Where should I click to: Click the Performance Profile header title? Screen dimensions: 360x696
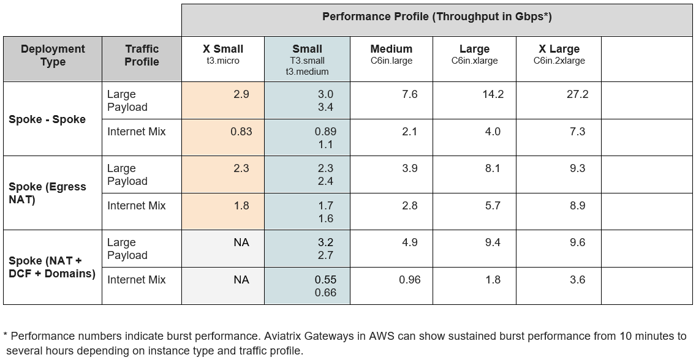pos(437,17)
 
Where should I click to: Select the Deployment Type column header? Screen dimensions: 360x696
pos(53,55)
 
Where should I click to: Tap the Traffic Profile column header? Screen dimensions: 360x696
pos(142,55)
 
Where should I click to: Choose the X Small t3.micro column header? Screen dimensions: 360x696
pos(223,54)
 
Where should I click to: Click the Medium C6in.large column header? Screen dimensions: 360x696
pos(391,54)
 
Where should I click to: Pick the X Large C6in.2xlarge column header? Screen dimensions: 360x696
pos(559,54)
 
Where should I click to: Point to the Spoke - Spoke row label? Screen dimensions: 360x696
pos(47,119)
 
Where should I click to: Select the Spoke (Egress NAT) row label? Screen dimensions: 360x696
pos(47,193)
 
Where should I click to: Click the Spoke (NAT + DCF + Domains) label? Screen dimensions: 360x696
pos(52,267)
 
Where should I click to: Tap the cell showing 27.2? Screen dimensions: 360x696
pos(577,94)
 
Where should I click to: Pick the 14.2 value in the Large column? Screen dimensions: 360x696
pos(493,94)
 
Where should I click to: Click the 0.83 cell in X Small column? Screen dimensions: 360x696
pos(241,131)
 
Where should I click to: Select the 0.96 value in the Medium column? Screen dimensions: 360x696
pos(410,280)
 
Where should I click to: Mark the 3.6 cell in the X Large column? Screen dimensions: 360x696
pos(577,280)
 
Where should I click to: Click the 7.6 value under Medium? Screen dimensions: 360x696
pos(410,94)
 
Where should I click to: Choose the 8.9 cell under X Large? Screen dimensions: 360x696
pos(577,206)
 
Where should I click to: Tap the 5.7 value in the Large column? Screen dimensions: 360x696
pos(493,206)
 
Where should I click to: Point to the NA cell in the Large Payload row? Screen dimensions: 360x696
pos(241,242)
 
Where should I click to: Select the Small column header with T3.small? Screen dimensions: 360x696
pos(307,59)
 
